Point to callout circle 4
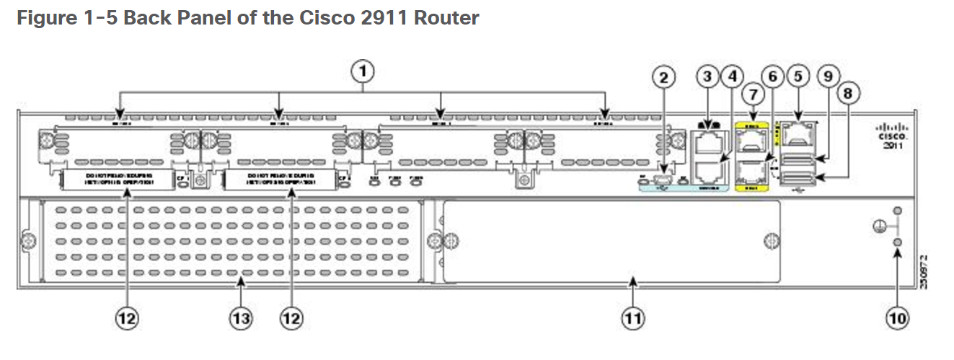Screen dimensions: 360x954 [x=732, y=76]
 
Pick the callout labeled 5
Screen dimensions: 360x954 [x=797, y=76]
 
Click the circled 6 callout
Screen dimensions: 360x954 [x=774, y=76]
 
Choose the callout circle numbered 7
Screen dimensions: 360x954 [x=753, y=94]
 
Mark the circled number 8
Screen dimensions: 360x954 [x=848, y=94]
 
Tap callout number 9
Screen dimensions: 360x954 [x=827, y=76]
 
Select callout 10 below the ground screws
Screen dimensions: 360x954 [x=897, y=317]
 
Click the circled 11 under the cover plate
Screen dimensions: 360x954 [x=633, y=317]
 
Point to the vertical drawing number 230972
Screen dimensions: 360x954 [x=924, y=271]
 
